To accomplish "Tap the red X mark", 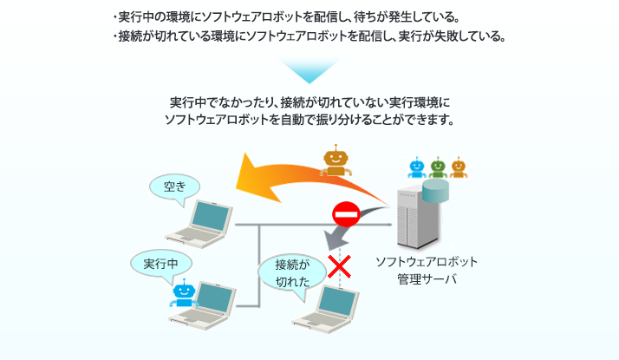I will coord(338,265).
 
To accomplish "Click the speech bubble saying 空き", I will coord(173,187).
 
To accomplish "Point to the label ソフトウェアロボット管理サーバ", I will coord(427,271).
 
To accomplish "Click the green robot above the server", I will coord(437,165).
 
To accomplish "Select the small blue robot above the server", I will coord(417,165).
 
